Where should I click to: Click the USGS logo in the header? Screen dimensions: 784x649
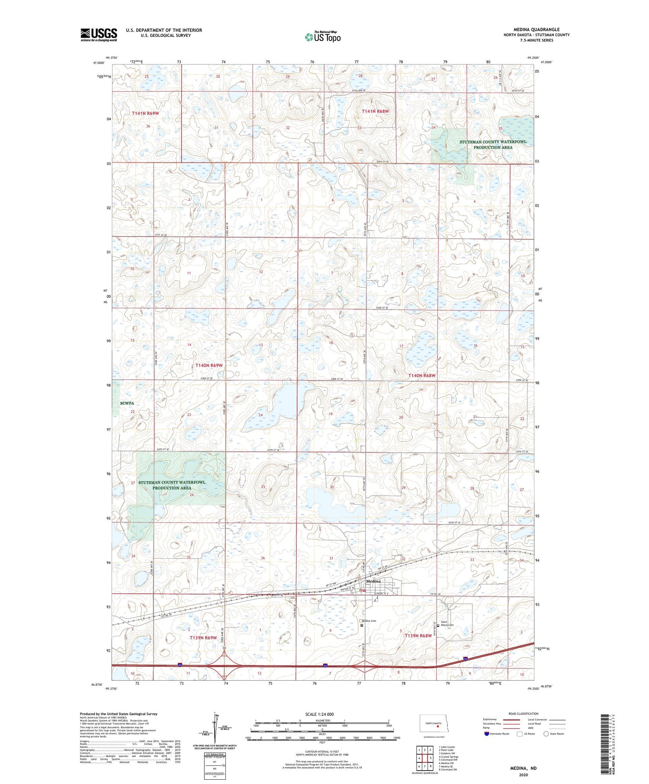pyautogui.click(x=99, y=35)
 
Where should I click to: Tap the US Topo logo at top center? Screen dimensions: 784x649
pyautogui.click(x=322, y=37)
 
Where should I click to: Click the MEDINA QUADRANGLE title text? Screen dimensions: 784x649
pyautogui.click(x=536, y=29)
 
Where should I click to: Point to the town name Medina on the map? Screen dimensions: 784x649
pyautogui.click(x=373, y=581)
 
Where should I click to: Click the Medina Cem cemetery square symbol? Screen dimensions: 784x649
pyautogui.click(x=362, y=624)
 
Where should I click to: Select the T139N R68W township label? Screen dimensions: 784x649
pyautogui.click(x=418, y=635)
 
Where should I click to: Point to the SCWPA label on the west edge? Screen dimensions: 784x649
pyautogui.click(x=127, y=403)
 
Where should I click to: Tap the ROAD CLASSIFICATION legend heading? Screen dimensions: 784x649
pyautogui.click(x=524, y=714)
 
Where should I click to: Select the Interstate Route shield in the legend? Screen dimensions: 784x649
pyautogui.click(x=486, y=733)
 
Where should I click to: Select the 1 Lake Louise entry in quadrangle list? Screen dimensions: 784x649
pyautogui.click(x=447, y=746)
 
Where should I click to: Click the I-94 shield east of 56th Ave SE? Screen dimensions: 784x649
pyautogui.click(x=465, y=659)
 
